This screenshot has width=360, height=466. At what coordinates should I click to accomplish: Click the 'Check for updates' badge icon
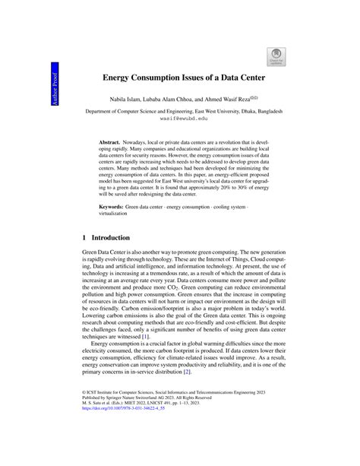(276, 55)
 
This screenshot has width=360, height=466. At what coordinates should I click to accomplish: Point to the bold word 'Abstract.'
(113, 142)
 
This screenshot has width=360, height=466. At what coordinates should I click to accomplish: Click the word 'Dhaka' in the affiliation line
(238, 110)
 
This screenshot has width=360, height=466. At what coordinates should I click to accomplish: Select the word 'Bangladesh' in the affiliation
(266, 110)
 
